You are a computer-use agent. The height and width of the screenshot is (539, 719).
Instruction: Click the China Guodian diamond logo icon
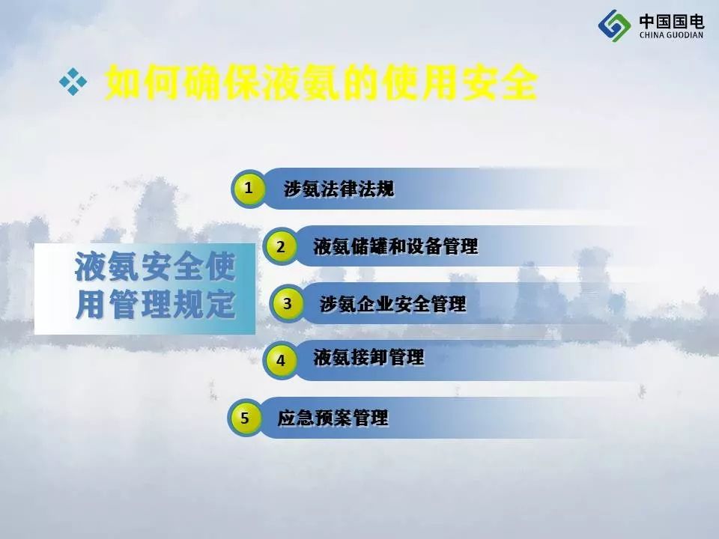tap(614, 26)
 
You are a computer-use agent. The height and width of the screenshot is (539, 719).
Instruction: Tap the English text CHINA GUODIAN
tap(671, 35)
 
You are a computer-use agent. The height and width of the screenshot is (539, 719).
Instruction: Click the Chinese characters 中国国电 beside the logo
tap(672, 21)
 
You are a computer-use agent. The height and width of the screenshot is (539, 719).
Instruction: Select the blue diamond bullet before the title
tap(73, 82)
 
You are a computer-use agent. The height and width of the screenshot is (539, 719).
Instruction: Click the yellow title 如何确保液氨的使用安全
tap(321, 82)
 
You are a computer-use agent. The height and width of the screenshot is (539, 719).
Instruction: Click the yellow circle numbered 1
tap(249, 188)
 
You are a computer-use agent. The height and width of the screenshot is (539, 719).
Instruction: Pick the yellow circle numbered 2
tap(280, 246)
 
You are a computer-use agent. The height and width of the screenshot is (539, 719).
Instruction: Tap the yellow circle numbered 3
tap(287, 303)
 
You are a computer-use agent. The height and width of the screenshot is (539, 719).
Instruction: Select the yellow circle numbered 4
tap(280, 360)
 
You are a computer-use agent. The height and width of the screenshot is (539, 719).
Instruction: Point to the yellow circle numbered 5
tap(245, 418)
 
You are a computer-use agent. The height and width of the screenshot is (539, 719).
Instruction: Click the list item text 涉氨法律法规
tap(339, 189)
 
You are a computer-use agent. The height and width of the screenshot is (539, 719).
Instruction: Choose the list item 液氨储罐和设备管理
tap(395, 246)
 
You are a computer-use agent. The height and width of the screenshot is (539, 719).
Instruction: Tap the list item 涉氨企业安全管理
tap(392, 303)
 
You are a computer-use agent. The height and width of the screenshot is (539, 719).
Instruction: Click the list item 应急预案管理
tap(333, 418)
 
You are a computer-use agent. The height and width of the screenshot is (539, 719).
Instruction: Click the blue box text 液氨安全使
tap(155, 267)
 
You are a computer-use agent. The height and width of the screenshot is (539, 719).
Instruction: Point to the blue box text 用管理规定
tap(155, 304)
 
